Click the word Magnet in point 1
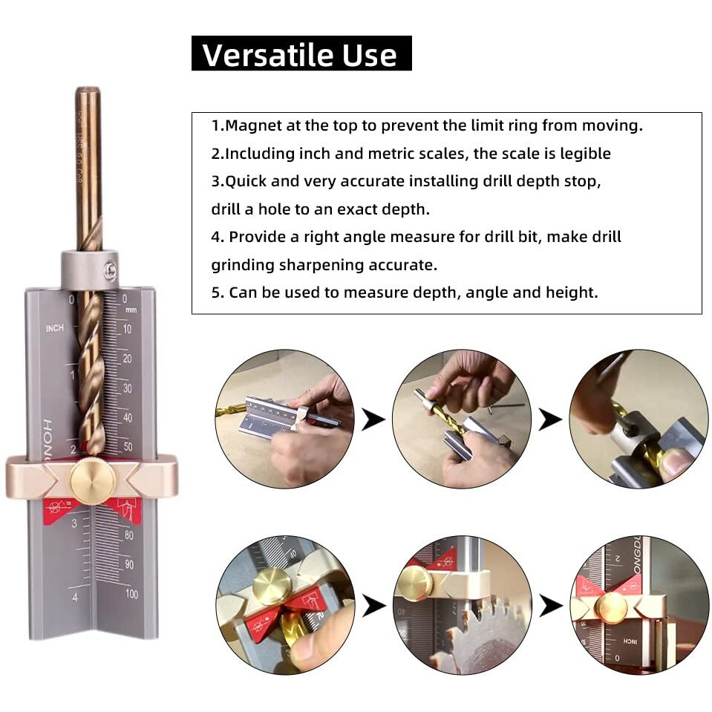coord(249,125)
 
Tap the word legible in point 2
coord(585,154)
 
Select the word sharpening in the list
coord(310,265)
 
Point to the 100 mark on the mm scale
coord(131,593)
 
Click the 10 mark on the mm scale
coord(128,330)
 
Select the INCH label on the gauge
coord(54,328)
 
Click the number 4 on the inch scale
coord(74,597)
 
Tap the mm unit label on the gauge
coord(131,310)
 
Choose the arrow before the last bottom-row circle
coord(550,605)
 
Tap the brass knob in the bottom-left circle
coord(271,587)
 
